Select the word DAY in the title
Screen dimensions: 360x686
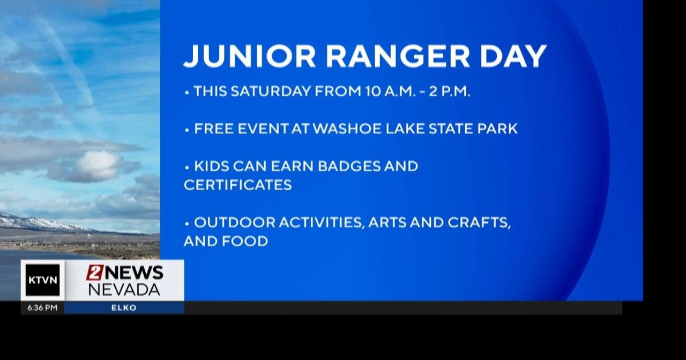click(513, 56)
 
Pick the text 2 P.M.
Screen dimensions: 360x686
click(450, 92)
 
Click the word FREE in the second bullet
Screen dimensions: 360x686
click(212, 129)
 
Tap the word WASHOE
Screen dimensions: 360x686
click(345, 129)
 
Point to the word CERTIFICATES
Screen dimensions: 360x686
click(238, 185)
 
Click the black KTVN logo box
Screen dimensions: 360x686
click(42, 280)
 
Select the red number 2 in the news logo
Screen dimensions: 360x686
click(95, 273)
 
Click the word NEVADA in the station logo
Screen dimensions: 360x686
click(124, 290)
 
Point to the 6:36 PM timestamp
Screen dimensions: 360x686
click(42, 308)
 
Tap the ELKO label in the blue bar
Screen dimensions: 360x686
click(124, 308)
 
